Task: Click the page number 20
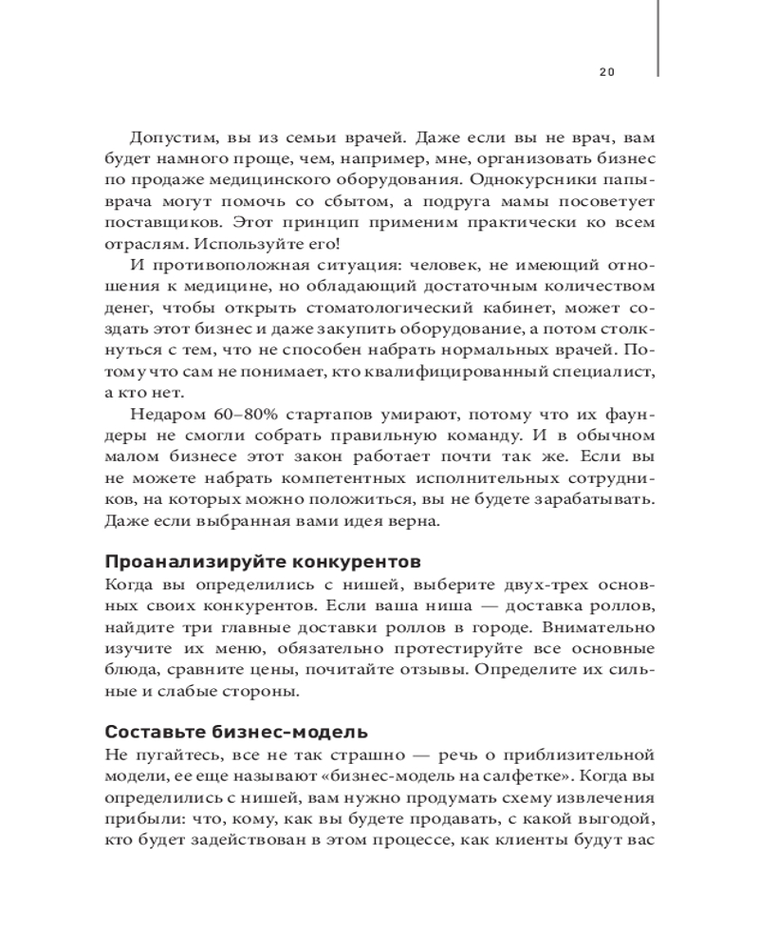[x=608, y=71]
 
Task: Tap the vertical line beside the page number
[x=657, y=38]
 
